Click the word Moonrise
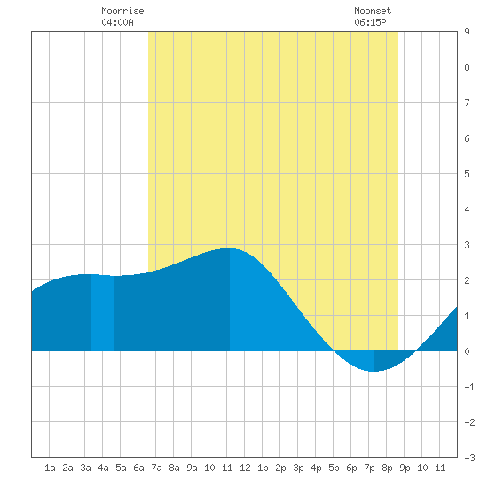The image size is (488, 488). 122,11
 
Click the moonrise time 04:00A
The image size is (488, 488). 117,22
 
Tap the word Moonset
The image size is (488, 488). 373,11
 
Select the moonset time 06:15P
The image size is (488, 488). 370,22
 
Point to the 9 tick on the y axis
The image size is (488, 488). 467,32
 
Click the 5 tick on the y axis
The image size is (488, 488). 467,174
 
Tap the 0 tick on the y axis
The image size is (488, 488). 467,351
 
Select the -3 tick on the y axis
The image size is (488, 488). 469,458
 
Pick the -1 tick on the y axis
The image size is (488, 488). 469,387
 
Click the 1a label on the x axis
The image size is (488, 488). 50,468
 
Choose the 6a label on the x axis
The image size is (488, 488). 138,468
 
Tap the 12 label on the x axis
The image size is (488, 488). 245,468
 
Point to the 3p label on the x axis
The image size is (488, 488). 298,468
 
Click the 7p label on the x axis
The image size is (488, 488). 369,468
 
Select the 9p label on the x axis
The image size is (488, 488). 405,468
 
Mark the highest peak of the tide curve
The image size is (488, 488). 230,248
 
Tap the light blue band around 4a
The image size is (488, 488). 102,313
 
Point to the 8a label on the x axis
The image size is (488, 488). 174,468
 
